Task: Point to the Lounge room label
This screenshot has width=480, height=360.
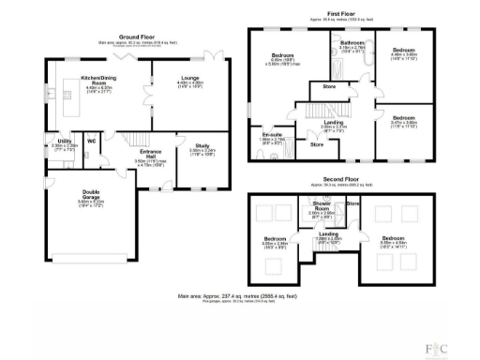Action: [189, 82]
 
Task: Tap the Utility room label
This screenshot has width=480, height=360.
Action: [64, 143]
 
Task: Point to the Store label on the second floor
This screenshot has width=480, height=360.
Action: [352, 202]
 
